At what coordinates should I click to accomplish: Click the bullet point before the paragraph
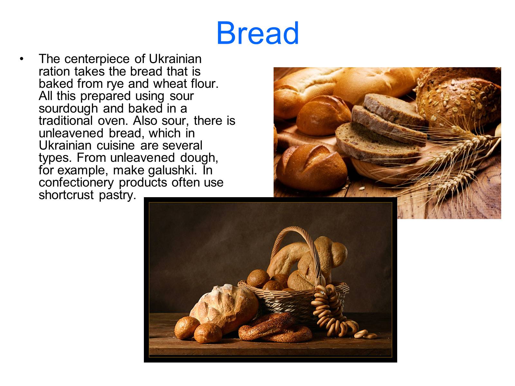coord(22,59)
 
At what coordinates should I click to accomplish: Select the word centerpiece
coord(97,59)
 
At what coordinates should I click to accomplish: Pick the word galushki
coord(173,170)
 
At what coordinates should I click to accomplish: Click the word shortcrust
coord(66,195)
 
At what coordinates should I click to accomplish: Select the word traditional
coord(66,121)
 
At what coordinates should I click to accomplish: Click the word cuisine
coord(116,145)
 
